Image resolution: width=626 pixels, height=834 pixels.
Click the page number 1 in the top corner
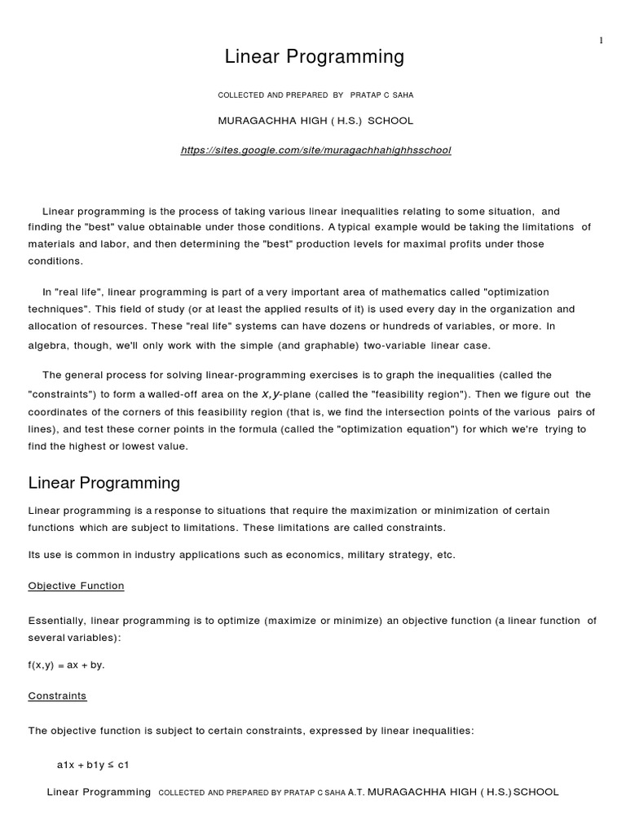click(x=602, y=41)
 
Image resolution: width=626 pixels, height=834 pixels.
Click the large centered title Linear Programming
click(x=314, y=57)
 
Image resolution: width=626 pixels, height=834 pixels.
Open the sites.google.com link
click(x=315, y=151)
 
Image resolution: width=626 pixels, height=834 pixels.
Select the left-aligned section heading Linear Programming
click(x=104, y=483)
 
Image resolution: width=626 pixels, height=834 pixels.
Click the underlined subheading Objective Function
click(x=76, y=586)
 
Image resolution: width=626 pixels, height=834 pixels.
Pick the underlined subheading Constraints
click(x=57, y=696)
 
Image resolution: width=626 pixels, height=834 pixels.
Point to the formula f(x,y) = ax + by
click(x=66, y=665)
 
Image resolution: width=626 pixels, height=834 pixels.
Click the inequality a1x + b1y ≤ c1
click(x=93, y=765)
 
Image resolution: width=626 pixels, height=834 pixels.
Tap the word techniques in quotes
click(x=57, y=309)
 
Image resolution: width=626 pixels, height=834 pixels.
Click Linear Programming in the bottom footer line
click(x=99, y=792)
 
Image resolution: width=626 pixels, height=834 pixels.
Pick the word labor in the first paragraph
click(x=121, y=244)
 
